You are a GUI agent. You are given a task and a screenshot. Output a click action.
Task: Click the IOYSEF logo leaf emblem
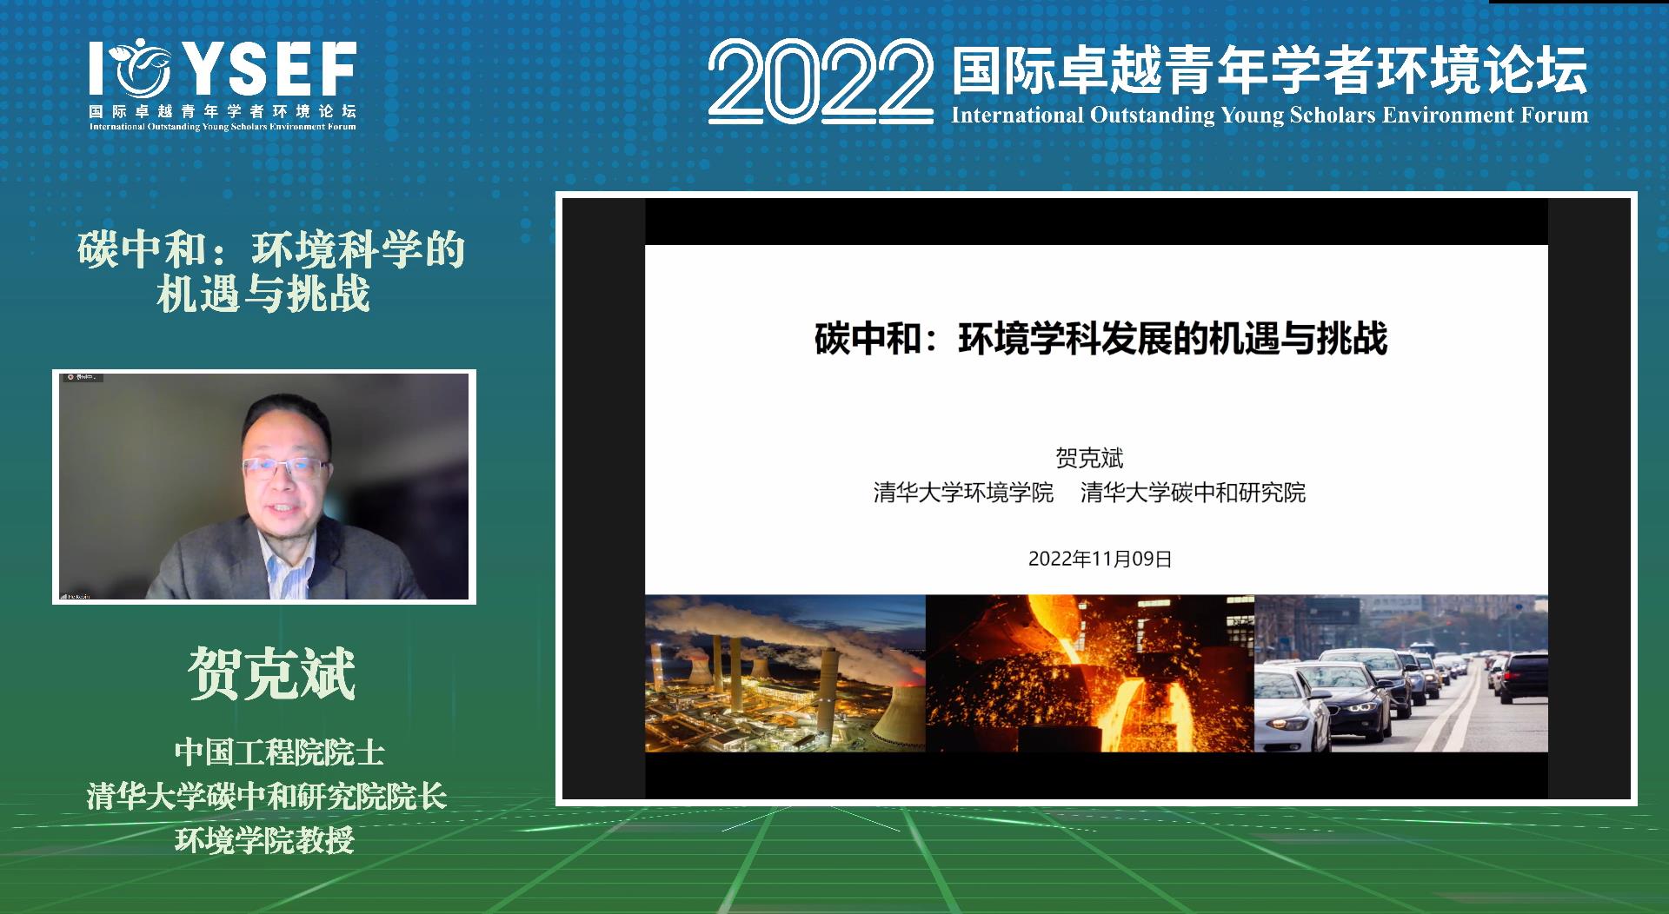(140, 69)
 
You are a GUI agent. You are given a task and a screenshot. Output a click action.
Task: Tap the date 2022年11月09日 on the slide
(1100, 559)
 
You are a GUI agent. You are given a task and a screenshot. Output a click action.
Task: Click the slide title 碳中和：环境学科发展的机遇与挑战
(1100, 339)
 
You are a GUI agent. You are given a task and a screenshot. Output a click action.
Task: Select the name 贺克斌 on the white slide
(1089, 458)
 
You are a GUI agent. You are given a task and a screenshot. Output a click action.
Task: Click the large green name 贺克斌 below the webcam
(272, 673)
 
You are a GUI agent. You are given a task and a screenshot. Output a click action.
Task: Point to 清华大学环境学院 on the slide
(963, 493)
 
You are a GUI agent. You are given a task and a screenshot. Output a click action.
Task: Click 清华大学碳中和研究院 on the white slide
(1193, 493)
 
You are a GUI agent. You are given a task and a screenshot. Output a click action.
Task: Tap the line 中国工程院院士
(279, 752)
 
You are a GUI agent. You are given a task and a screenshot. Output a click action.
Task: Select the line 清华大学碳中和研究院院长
(266, 797)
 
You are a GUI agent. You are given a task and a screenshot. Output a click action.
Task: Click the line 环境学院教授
(265, 840)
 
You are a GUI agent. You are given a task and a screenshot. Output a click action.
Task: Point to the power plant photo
(784, 673)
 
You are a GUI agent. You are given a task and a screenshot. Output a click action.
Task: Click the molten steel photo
(1089, 673)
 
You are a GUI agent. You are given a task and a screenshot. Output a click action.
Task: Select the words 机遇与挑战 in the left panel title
(263, 294)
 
